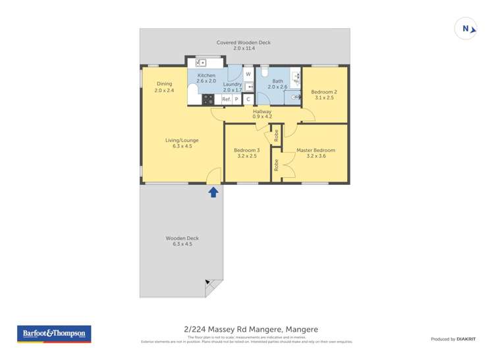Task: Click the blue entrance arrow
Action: click(213, 192)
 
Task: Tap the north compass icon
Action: click(466, 28)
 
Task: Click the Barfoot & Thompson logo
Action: click(54, 334)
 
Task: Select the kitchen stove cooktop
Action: click(209, 99)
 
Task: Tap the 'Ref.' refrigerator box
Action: click(225, 99)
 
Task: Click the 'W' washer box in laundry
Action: click(248, 74)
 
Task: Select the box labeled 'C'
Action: click(248, 99)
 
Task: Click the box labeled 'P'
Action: click(236, 99)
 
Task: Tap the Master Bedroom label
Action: click(316, 150)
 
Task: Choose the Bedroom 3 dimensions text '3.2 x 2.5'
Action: click(247, 157)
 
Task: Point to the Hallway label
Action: click(262, 111)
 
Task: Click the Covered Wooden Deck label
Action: click(244, 43)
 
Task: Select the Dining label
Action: click(164, 84)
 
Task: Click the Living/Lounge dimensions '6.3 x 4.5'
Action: click(182, 146)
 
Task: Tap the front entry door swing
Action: click(213, 176)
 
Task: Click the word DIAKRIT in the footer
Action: click(467, 339)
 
